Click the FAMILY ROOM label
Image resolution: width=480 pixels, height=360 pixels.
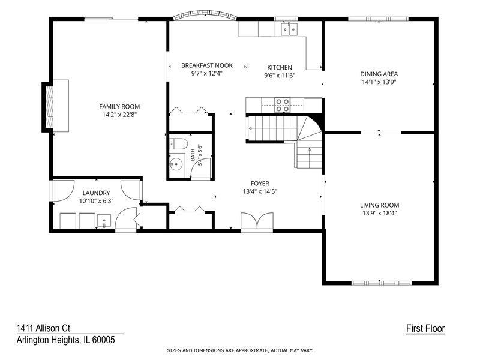(119, 107)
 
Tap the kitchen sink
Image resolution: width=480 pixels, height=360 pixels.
(289, 29)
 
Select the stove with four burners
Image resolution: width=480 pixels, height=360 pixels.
(282, 105)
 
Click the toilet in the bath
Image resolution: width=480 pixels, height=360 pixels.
(178, 144)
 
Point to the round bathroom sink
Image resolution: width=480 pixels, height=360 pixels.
(176, 164)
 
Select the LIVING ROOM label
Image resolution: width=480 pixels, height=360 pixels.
(379, 205)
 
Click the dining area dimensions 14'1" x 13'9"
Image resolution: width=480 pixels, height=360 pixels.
(379, 82)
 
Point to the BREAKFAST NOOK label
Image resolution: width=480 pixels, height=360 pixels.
(207, 65)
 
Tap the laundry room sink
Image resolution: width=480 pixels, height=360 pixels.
(104, 221)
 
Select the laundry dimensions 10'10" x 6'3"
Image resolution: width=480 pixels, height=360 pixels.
(97, 201)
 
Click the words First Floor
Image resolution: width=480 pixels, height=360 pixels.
(425, 329)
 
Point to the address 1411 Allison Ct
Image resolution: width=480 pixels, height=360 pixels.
(43, 328)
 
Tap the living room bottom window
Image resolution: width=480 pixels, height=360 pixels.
(379, 283)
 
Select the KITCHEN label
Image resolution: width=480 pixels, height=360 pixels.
(280, 67)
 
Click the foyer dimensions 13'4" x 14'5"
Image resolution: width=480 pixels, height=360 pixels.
(260, 192)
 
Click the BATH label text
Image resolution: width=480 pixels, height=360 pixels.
(193, 155)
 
